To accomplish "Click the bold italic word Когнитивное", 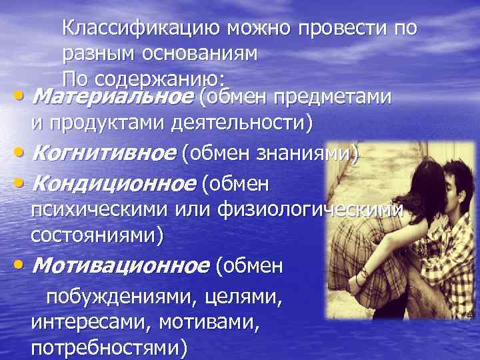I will click(x=103, y=154).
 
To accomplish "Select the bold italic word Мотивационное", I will click(x=119, y=267).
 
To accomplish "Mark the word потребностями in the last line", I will click(x=109, y=349).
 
